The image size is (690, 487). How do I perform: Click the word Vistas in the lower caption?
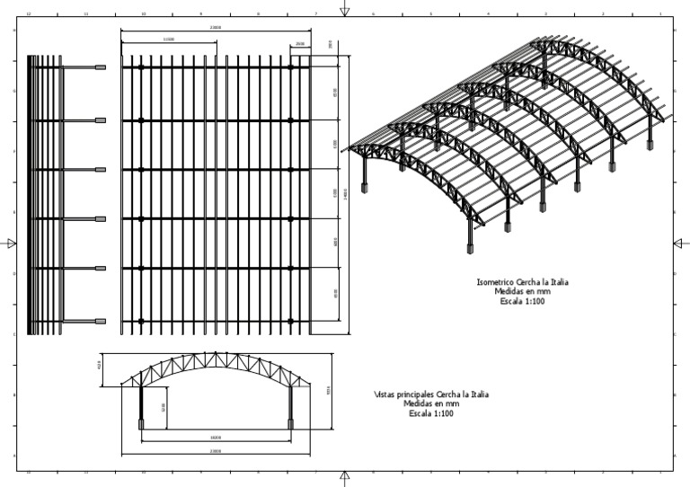385,394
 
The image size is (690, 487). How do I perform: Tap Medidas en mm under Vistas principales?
431,404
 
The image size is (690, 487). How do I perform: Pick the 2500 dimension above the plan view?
300,42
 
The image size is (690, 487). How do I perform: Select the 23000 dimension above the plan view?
216,29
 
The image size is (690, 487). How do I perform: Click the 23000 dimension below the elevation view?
216,450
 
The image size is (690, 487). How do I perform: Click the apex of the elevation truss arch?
216,353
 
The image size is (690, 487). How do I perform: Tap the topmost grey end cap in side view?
101,67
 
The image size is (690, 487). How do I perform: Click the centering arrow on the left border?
10,243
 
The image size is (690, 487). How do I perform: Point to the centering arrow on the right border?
680,243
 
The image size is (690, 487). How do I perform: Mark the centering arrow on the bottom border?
345,477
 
